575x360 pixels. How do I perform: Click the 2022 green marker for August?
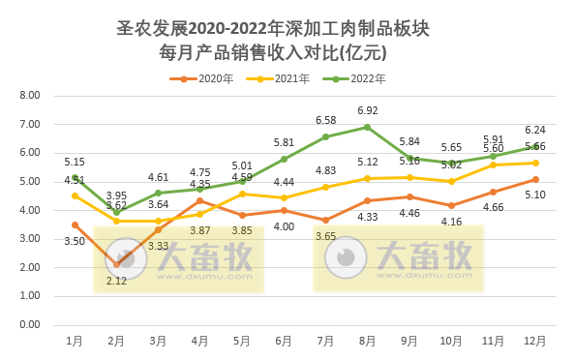coord(368,127)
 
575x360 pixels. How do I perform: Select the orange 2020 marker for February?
coord(117,264)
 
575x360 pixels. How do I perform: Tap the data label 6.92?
coord(368,111)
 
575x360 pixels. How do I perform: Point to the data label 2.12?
coord(117,281)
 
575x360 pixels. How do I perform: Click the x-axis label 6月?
coord(284,341)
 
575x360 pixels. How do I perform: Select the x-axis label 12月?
coord(534,341)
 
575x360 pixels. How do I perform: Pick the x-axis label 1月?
coord(75,341)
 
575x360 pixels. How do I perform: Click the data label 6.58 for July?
coord(326,120)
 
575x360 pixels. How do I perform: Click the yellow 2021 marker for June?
coord(285,197)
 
